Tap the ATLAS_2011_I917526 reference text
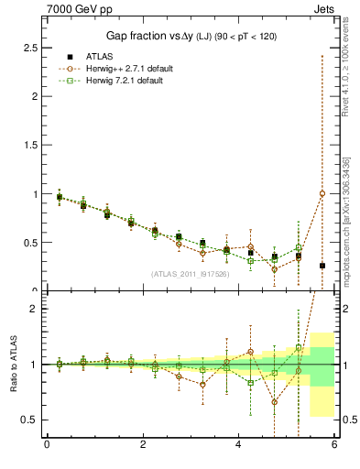tap(189, 274)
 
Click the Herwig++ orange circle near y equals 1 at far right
tap(322, 193)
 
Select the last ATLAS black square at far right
tap(322, 266)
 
